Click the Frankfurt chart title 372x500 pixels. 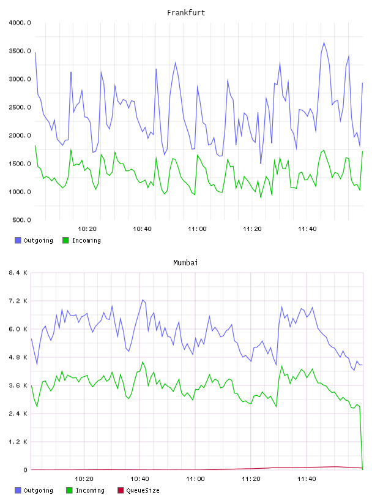point(186,13)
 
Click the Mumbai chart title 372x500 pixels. point(185,263)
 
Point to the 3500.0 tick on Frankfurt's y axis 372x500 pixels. point(20,51)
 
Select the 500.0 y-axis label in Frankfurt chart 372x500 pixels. point(21,220)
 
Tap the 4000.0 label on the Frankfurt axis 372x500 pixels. point(20,23)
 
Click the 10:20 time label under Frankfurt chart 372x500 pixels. point(87,229)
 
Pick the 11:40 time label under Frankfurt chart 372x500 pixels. point(307,229)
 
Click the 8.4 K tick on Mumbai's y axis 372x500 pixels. point(18,273)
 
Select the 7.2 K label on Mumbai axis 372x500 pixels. point(18,301)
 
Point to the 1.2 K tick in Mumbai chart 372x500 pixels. point(18,442)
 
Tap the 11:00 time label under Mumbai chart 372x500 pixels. point(195,479)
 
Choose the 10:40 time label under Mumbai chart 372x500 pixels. point(139,479)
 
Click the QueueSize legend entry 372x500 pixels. point(138,490)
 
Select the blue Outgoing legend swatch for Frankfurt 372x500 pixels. point(18,240)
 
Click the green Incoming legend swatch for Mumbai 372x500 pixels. point(69,490)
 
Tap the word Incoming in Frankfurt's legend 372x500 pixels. point(86,240)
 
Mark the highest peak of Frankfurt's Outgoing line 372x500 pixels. point(324,42)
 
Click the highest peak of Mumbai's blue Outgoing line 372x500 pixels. point(143,300)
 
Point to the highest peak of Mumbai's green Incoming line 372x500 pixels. point(143,362)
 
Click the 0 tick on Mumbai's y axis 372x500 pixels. point(25,470)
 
